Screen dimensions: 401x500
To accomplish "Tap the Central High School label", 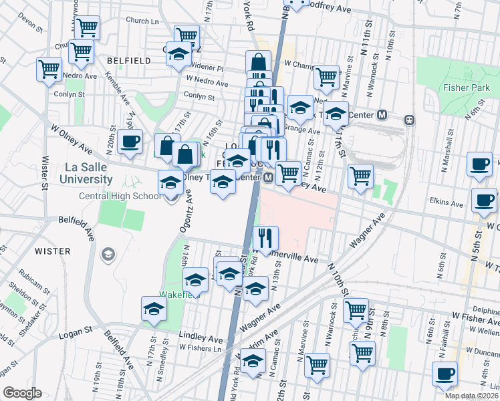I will pyautogui.click(x=120, y=196).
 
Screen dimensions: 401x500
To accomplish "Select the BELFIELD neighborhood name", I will pyautogui.click(x=128, y=61).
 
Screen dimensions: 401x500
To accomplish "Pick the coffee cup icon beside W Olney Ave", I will pyautogui.click(x=130, y=142).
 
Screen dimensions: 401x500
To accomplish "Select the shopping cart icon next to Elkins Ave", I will pyautogui.click(x=360, y=176).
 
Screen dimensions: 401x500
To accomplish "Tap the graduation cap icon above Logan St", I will pyautogui.click(x=153, y=309).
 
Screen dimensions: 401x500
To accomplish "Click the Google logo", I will pyautogui.click(x=22, y=392).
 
